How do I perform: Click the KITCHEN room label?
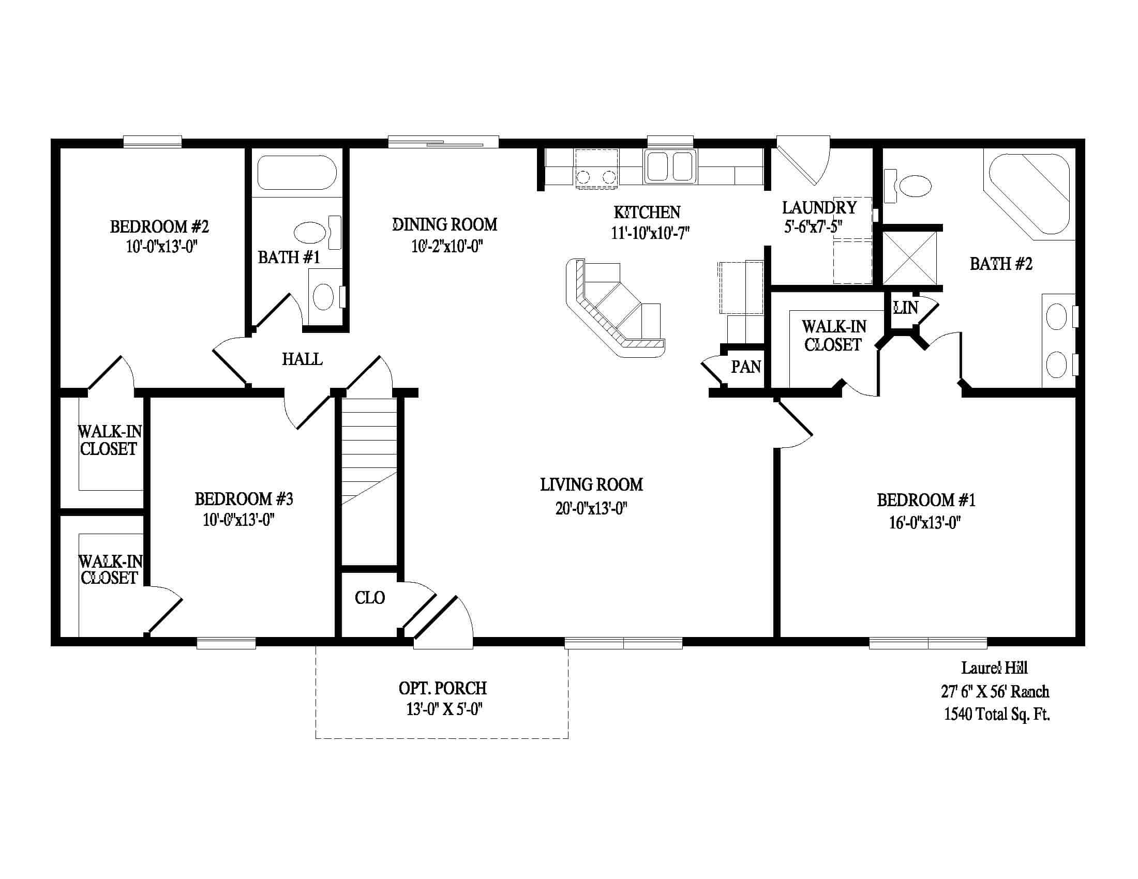tap(647, 213)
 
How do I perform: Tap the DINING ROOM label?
tap(444, 224)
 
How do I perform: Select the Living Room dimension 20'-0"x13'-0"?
tap(591, 508)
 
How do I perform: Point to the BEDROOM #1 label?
tap(926, 500)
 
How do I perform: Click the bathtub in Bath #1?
tap(297, 172)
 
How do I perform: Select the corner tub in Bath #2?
tap(1029, 194)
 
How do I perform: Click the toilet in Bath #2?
tap(908, 186)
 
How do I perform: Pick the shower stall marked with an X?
tap(910, 257)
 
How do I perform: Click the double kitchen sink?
tap(670, 166)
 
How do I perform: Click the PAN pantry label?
tap(745, 367)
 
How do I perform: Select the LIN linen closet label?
tap(906, 308)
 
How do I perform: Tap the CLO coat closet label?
tap(370, 598)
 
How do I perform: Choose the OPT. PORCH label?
tap(443, 688)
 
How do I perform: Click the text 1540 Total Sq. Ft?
tap(997, 714)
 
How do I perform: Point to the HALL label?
tap(302, 359)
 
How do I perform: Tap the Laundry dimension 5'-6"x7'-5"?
tap(813, 227)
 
